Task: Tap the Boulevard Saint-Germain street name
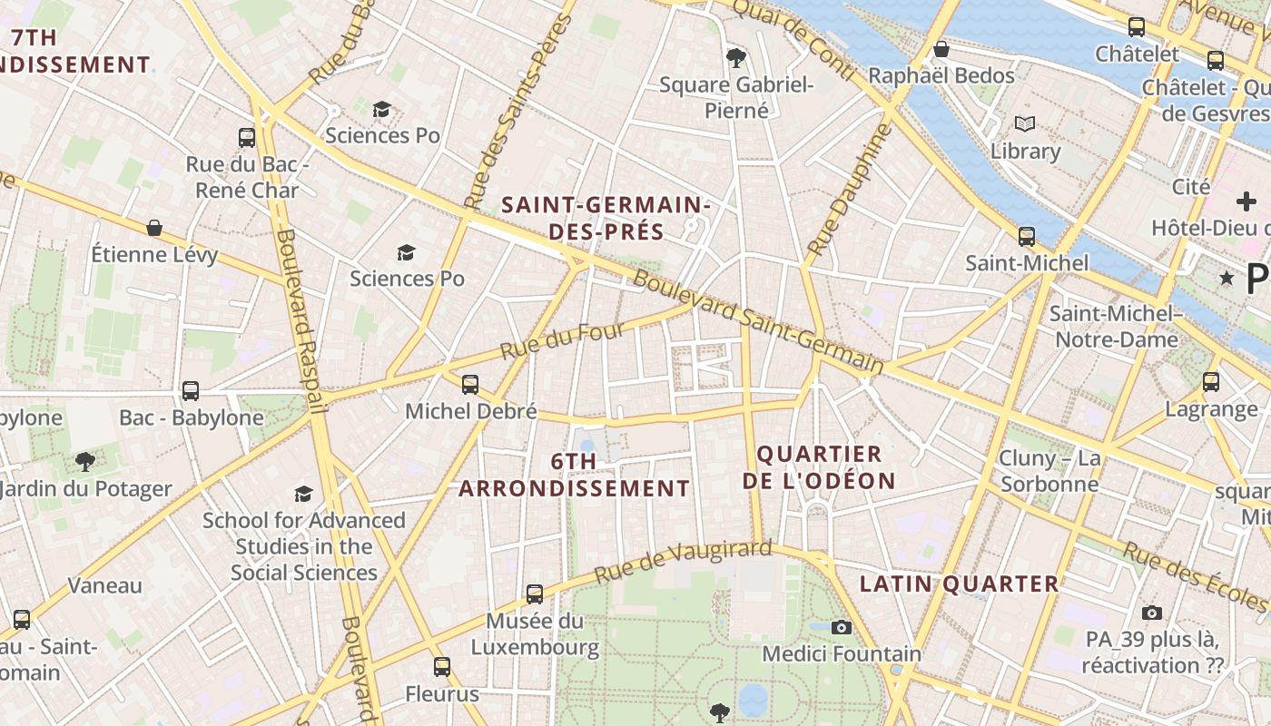coord(758,322)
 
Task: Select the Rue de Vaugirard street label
coord(683,562)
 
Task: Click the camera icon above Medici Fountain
coord(842,627)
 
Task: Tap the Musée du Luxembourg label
coord(534,634)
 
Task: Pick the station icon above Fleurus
coord(442,667)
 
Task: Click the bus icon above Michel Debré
coord(470,384)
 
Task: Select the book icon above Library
coord(1025,123)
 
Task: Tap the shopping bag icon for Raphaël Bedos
coord(941,48)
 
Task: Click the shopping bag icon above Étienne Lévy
coord(154,227)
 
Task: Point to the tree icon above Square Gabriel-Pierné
coord(735,58)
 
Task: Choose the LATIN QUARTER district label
coord(959,584)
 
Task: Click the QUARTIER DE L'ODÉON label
coord(819,467)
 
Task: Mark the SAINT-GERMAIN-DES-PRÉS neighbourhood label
coord(606,218)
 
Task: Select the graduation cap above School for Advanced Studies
coord(303,494)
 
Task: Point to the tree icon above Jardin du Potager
coord(85,462)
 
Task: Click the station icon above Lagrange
coord(1211,381)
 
